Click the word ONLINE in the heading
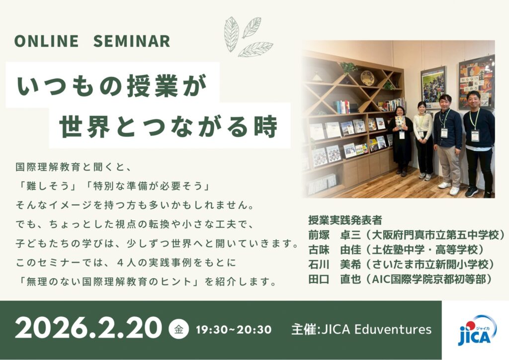[46, 41]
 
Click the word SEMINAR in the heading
[131, 41]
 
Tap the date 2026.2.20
[88, 329]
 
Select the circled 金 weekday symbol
[178, 330]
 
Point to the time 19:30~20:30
[234, 330]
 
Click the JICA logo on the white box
[477, 330]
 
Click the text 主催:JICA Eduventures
[362, 330]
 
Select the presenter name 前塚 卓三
[335, 235]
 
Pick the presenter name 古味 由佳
[335, 250]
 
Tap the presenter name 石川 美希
[335, 265]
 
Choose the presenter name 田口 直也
[335, 279]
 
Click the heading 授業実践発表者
[345, 220]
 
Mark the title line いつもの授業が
[112, 86]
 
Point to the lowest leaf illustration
[255, 49]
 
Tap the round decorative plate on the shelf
[367, 78]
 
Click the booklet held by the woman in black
[400, 122]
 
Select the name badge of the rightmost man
[475, 135]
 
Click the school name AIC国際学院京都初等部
[429, 279]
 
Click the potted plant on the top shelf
[348, 68]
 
